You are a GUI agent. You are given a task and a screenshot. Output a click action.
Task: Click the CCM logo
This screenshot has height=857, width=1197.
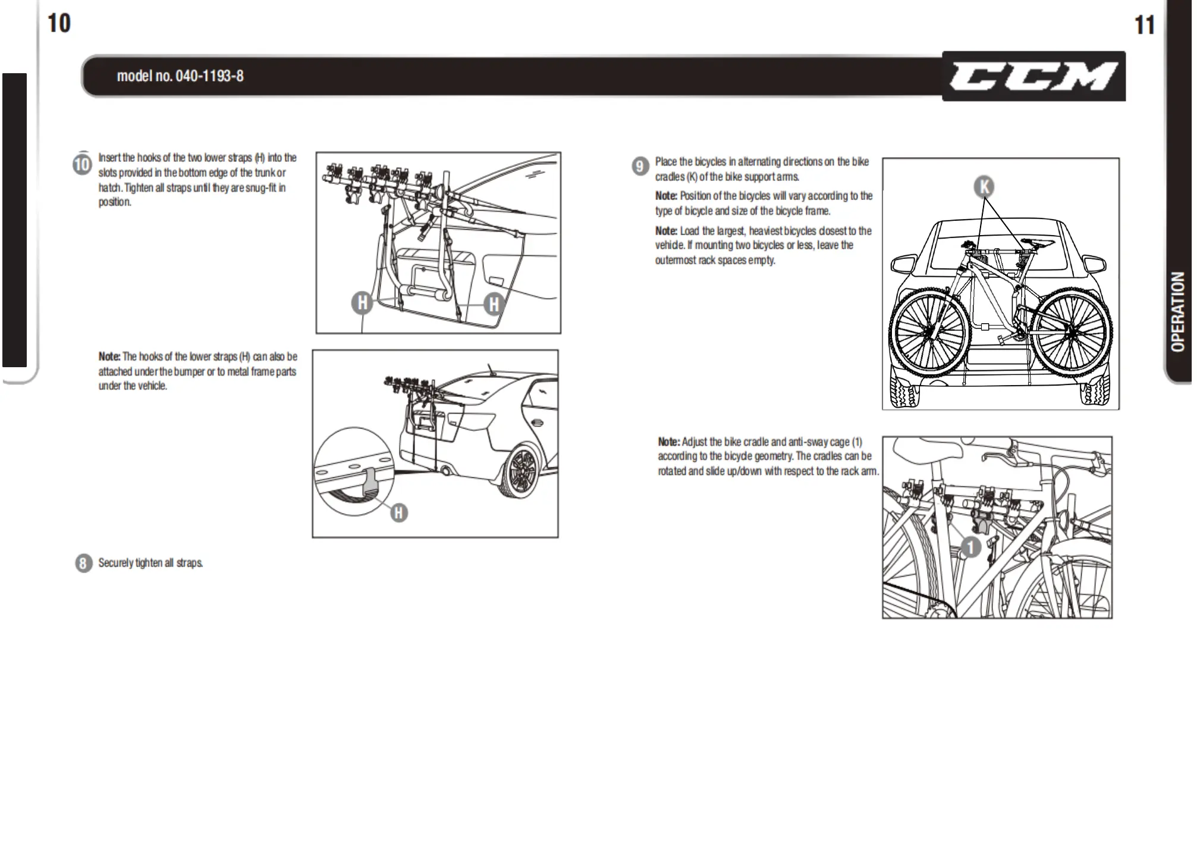click(x=1033, y=77)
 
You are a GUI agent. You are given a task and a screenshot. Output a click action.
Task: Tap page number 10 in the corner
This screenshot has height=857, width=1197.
click(x=58, y=24)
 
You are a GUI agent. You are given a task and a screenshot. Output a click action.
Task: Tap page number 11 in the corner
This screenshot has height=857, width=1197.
click(x=1144, y=25)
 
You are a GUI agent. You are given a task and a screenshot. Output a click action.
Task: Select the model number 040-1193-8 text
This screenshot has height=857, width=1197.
click(x=180, y=76)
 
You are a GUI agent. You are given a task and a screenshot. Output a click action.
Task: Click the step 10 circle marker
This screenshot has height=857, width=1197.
click(x=82, y=164)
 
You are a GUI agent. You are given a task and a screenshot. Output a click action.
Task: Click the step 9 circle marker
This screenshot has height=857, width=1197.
click(x=640, y=166)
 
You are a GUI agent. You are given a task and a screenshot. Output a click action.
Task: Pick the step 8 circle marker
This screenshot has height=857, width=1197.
click(x=83, y=563)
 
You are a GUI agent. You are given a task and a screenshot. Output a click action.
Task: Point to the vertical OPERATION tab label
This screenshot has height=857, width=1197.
click(x=1177, y=311)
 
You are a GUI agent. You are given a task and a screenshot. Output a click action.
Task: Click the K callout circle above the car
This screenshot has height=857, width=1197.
click(x=984, y=187)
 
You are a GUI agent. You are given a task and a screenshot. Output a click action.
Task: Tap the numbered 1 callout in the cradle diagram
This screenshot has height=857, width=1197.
click(x=970, y=547)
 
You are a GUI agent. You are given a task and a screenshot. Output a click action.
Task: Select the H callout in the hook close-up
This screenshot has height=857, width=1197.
click(x=399, y=512)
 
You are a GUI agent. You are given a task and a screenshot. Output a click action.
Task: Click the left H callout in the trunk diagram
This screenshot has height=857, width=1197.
click(x=362, y=303)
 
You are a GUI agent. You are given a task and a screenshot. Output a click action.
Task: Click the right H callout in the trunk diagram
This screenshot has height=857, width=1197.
click(x=494, y=304)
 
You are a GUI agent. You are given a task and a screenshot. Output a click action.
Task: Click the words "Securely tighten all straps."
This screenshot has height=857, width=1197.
click(x=150, y=563)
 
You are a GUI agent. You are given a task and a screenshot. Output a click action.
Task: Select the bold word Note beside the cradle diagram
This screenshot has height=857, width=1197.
click(x=668, y=442)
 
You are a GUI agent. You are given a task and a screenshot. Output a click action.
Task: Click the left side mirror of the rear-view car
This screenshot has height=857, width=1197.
click(x=903, y=263)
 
